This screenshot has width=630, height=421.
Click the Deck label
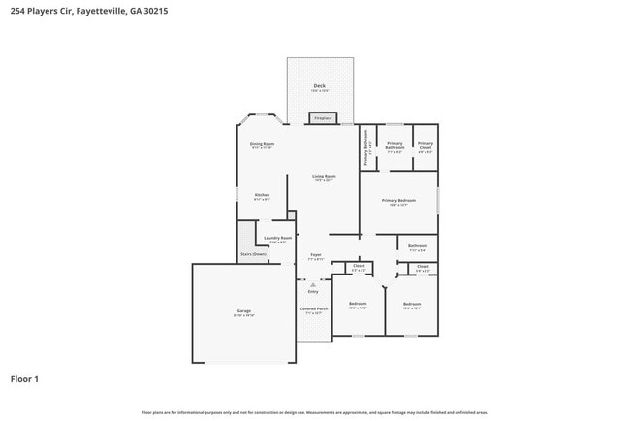tap(319, 86)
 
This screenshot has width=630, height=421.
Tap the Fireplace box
tap(323, 118)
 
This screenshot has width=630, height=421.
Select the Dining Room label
tap(262, 144)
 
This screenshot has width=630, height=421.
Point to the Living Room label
tap(323, 177)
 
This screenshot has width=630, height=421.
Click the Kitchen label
tap(262, 195)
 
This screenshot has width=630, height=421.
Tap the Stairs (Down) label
tap(253, 254)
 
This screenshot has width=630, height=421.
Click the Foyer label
tap(316, 254)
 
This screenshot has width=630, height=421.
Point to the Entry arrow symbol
tap(312, 284)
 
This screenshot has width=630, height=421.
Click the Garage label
tap(243, 311)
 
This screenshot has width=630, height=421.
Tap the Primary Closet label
tap(425, 145)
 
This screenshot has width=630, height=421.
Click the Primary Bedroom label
tap(398, 201)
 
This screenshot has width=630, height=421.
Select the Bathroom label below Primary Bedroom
tap(417, 246)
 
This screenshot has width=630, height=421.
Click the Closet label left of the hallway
tap(359, 266)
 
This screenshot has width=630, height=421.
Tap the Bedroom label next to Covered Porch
tap(358, 304)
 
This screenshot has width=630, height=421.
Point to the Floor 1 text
tap(24, 378)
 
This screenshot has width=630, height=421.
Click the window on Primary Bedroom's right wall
tap(437, 201)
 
